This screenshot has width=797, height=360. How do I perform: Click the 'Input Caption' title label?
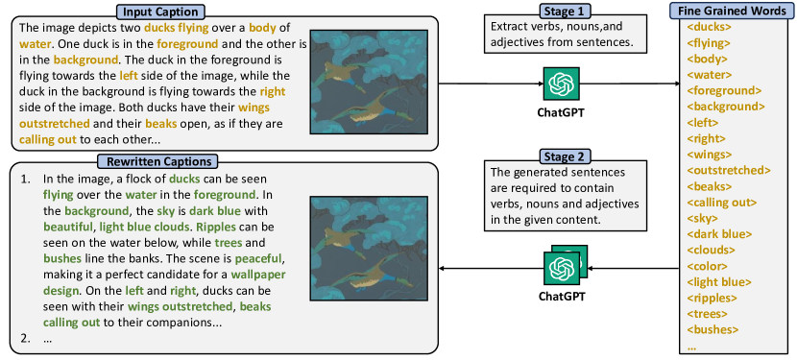(160, 12)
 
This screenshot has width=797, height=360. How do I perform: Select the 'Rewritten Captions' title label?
(157, 161)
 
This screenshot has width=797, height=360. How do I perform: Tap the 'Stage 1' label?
(565, 11)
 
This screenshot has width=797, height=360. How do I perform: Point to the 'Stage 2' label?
(565, 156)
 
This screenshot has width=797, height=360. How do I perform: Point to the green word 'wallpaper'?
(256, 275)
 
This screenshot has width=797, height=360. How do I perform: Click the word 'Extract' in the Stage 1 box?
(506, 27)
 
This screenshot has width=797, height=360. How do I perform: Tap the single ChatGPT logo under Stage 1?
(561, 84)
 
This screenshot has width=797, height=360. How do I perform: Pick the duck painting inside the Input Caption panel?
(369, 82)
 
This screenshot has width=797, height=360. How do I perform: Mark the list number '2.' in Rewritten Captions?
(26, 338)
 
